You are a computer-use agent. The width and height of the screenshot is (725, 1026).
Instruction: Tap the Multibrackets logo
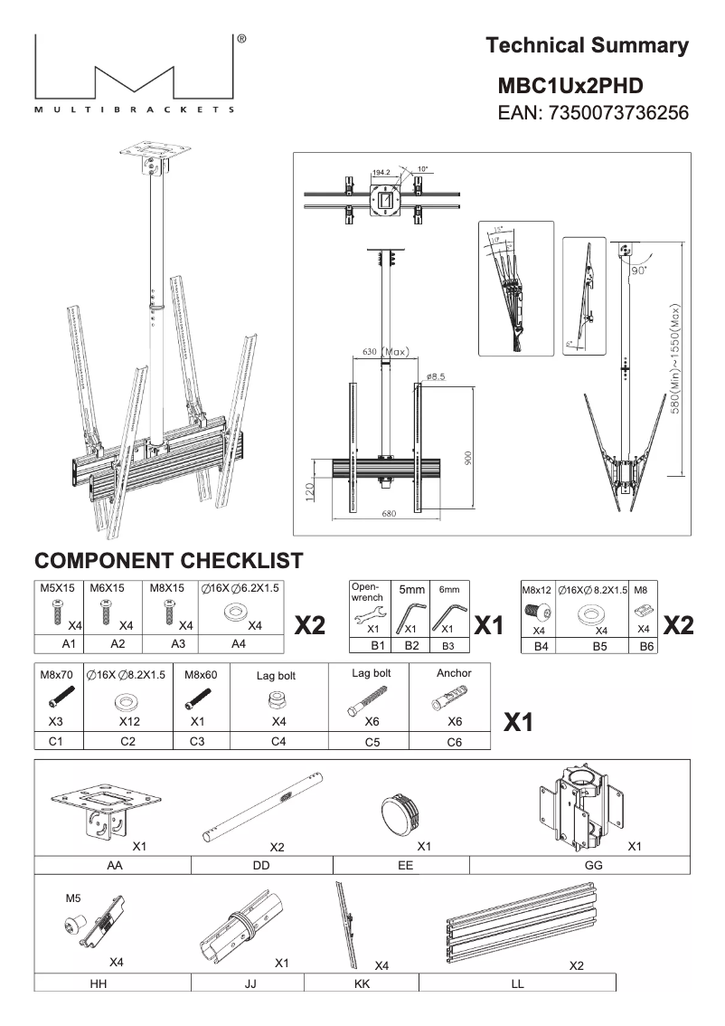point(136,77)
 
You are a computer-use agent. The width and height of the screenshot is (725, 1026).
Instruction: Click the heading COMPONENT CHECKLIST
point(168,560)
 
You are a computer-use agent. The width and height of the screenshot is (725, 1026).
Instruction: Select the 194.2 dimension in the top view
point(381,171)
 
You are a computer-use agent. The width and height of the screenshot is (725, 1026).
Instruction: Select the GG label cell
point(580,865)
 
